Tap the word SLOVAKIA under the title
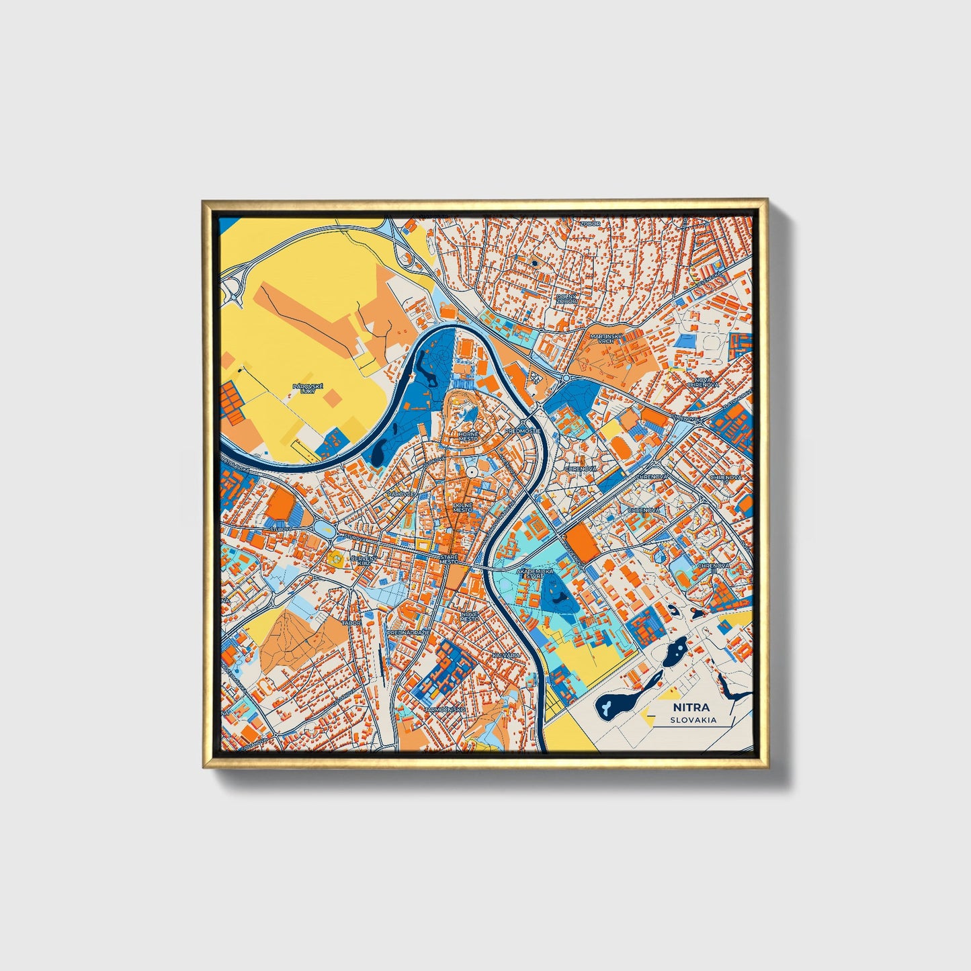click(693, 720)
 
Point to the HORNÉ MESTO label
click(468, 436)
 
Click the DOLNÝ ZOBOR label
click(566, 297)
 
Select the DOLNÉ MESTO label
click(463, 507)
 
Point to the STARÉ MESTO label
click(448, 559)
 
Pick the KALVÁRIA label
click(506, 654)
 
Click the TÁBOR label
click(352, 623)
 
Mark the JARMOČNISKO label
click(445, 709)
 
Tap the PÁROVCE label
click(399, 494)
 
